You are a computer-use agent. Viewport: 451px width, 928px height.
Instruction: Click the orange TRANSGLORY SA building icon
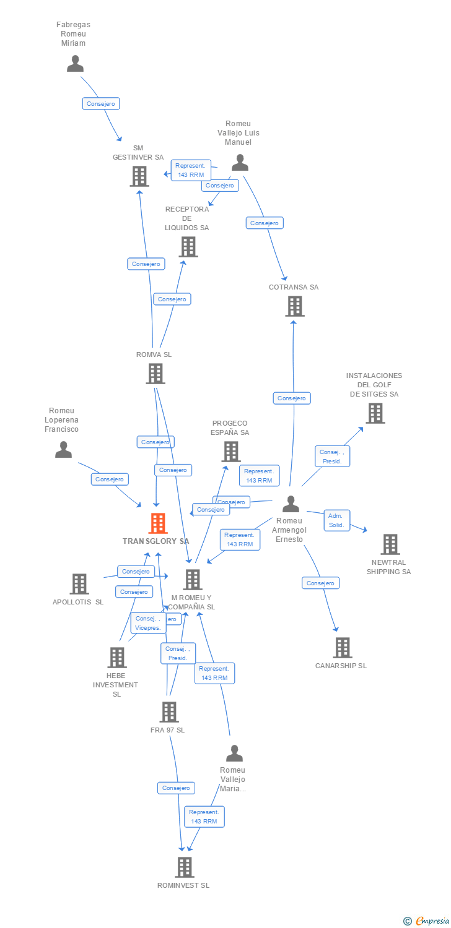(159, 523)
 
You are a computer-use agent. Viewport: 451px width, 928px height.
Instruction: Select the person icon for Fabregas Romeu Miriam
(75, 64)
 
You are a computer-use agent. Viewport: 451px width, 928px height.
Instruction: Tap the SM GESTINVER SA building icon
(139, 176)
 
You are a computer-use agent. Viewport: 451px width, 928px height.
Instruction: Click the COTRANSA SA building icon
(295, 306)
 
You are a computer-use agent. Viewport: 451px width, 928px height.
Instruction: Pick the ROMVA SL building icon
(155, 374)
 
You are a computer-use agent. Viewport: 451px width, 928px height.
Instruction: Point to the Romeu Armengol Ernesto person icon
(291, 504)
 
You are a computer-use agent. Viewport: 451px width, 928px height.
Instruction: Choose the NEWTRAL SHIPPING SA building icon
(390, 544)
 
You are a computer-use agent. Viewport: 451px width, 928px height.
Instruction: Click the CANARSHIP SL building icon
(342, 648)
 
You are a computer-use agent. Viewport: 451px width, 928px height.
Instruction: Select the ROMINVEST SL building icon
(184, 867)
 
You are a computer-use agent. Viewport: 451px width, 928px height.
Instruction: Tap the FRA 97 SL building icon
(169, 712)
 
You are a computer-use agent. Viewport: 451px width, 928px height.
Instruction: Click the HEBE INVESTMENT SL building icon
(117, 658)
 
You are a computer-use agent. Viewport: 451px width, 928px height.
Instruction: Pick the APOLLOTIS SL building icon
(79, 584)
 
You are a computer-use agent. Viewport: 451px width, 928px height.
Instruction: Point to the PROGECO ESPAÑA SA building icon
(231, 452)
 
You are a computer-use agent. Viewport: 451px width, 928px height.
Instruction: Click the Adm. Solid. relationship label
(337, 520)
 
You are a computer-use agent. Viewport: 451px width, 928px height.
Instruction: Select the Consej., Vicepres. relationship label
(148, 622)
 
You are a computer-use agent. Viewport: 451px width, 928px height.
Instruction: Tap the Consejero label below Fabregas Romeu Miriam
(101, 104)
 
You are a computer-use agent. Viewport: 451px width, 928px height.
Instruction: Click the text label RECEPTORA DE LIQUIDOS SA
(187, 218)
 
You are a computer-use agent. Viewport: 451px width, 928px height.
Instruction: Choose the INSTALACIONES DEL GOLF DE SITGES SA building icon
(375, 413)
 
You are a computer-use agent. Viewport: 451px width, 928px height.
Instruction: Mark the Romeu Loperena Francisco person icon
(63, 450)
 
